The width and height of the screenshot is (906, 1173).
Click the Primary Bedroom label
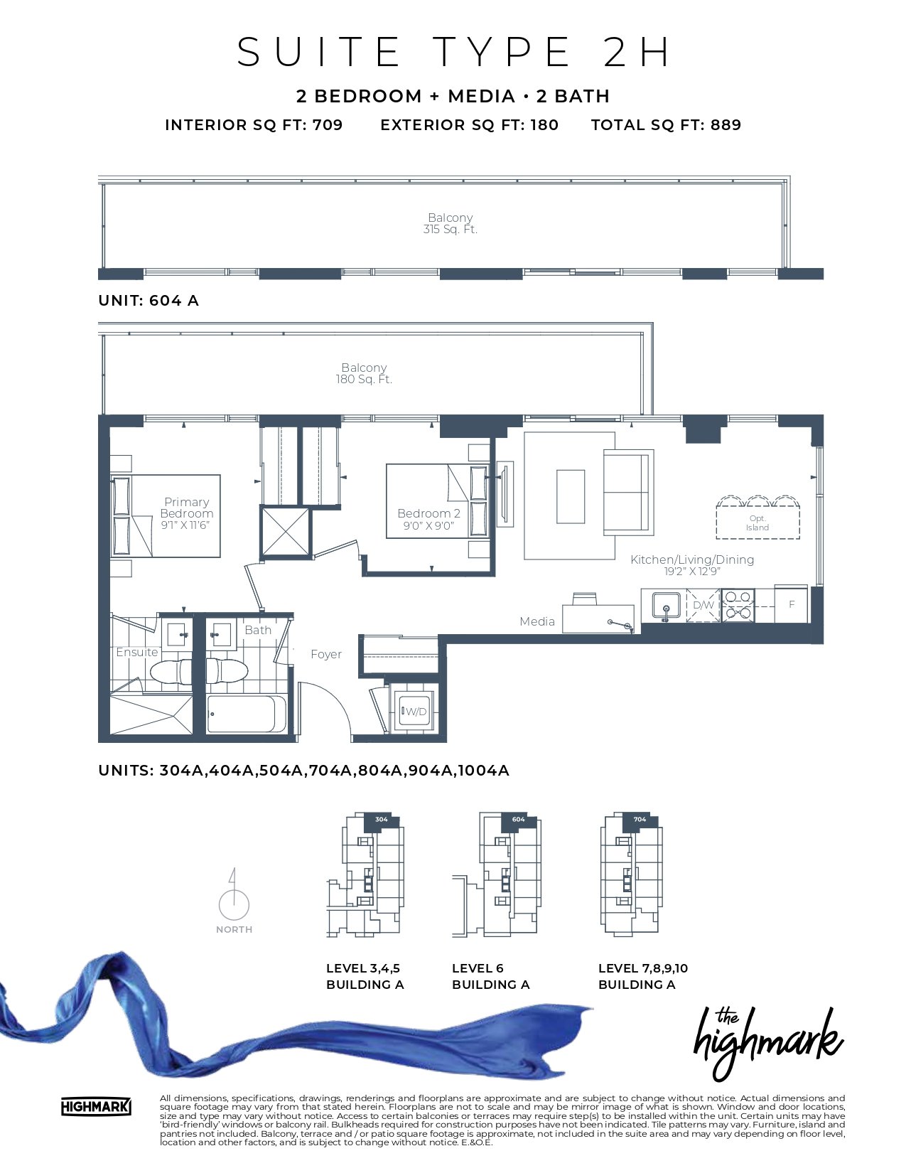click(187, 508)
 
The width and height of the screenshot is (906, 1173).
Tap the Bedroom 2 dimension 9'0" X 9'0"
click(428, 526)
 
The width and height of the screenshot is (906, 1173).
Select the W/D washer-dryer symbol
click(414, 711)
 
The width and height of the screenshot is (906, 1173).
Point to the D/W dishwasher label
click(703, 605)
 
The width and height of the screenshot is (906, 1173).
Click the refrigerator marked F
click(791, 604)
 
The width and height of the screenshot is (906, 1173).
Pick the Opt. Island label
click(757, 523)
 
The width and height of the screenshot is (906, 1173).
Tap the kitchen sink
click(667, 605)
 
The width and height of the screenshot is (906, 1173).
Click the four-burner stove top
click(738, 605)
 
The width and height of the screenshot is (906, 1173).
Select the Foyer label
click(326, 654)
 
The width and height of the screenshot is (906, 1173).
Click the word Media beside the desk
click(537, 621)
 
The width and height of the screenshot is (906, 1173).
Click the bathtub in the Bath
click(247, 714)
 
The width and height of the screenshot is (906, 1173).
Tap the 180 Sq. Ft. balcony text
click(364, 380)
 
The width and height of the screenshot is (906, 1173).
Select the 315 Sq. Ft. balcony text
click(450, 230)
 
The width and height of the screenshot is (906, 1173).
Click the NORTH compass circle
click(234, 905)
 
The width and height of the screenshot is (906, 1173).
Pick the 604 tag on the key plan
click(518, 820)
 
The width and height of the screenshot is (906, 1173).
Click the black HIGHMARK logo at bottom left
click(96, 1107)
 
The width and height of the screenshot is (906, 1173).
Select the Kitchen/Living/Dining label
click(692, 559)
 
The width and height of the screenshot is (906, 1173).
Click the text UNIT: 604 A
click(149, 301)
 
